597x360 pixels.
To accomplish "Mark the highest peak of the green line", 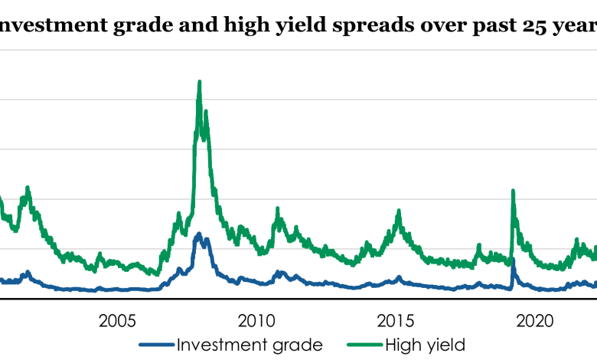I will tap(200, 81).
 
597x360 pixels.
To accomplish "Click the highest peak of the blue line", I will tap(199, 234).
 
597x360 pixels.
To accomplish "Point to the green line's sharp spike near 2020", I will tap(513, 191).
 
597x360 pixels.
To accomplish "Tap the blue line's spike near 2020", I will tap(513, 260).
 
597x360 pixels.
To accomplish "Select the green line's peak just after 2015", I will tap(399, 211).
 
